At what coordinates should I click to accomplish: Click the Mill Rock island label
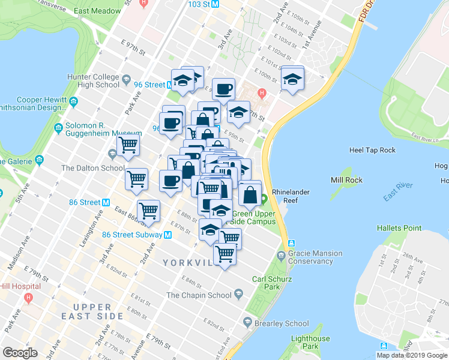345,180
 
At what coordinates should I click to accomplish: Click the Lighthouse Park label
310,343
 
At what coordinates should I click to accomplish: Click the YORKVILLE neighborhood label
188,263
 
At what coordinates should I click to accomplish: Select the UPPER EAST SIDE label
92,311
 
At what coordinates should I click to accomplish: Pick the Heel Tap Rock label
372,149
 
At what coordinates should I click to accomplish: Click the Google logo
20,353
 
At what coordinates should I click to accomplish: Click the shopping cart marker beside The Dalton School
128,145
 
